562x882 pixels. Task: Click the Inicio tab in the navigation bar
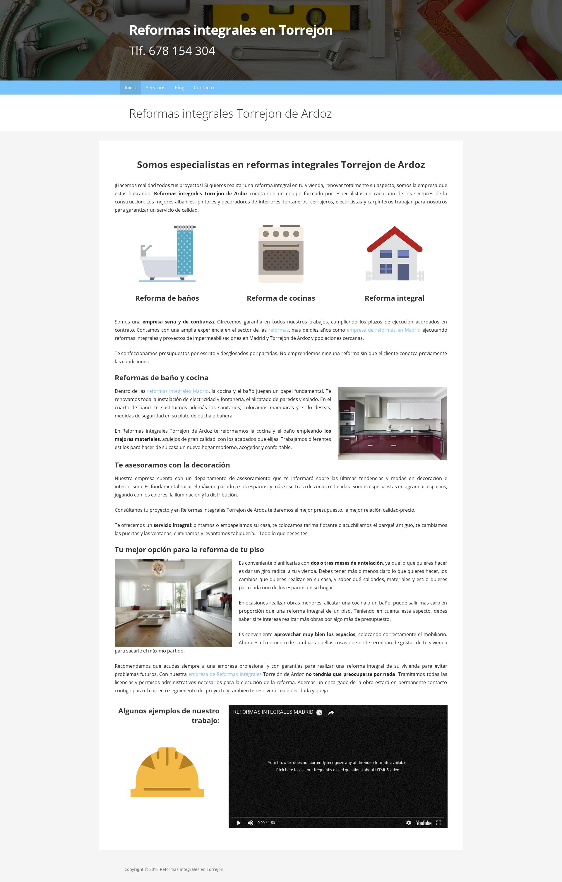130,88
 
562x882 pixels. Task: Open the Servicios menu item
155,88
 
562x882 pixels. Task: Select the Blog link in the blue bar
179,88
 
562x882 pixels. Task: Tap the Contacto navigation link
204,88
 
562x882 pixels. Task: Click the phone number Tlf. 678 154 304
172,51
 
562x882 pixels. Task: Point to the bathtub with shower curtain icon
167,254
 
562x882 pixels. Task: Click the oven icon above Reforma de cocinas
281,254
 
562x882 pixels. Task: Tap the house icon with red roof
395,254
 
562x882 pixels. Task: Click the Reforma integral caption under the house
394,298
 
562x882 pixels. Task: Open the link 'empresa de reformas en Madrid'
383,330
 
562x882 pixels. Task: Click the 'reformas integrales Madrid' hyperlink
178,391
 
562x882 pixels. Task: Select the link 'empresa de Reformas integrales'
225,674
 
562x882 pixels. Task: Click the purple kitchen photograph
392,423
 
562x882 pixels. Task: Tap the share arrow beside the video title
331,713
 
